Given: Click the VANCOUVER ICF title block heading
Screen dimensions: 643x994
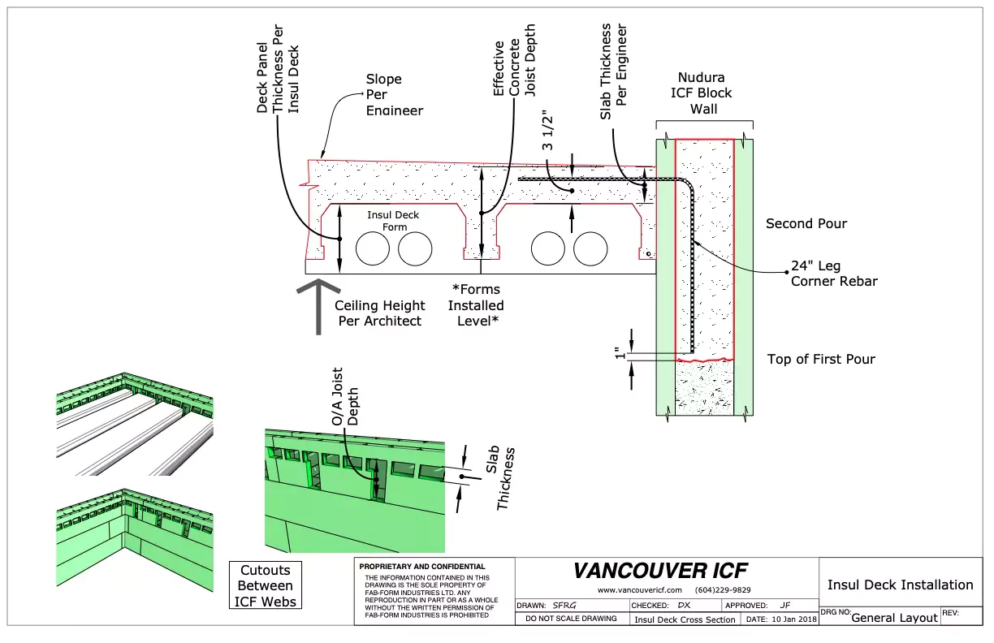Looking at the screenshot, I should (x=660, y=571).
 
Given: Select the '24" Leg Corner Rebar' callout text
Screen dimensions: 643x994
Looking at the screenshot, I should (x=834, y=274).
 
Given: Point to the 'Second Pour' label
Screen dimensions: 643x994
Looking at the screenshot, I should (x=806, y=223).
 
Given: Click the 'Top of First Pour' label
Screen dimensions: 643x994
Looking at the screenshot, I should (x=821, y=359).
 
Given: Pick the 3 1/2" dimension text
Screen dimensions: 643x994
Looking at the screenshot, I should (x=549, y=135).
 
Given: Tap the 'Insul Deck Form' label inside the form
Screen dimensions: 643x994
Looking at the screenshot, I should (x=393, y=221).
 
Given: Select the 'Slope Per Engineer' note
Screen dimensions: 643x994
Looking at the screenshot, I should (x=394, y=94).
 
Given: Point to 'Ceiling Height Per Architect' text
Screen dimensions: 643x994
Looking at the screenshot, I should (x=379, y=313).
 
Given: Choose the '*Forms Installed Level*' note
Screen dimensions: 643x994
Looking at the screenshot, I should (x=476, y=305).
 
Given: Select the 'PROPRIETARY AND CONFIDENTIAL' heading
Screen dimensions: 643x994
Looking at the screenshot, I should (x=422, y=567).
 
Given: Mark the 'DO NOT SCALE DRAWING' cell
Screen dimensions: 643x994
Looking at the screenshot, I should (x=571, y=619).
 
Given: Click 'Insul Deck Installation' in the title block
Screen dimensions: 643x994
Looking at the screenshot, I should (x=900, y=585).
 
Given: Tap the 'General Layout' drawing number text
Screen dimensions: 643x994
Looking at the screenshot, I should (x=894, y=618).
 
